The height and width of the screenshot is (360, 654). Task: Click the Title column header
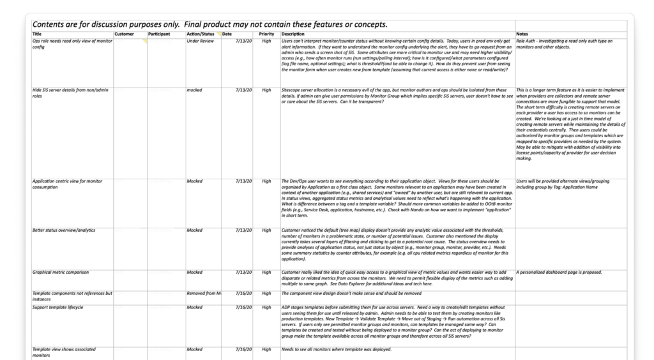37,33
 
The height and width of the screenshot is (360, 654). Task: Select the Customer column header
124,33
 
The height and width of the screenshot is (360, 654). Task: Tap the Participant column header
159,33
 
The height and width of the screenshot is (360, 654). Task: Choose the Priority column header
266,33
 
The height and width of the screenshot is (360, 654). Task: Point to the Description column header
293,33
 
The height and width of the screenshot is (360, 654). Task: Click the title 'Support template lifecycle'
57,307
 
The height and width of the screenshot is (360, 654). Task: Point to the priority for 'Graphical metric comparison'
266,272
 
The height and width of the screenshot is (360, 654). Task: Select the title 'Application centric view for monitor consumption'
69,184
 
